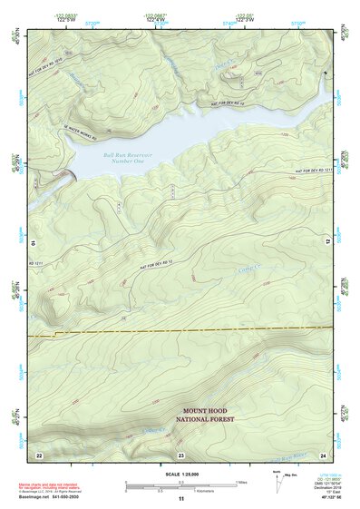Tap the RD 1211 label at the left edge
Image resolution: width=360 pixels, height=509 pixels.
37,262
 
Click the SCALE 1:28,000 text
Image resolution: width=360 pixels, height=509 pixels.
180,472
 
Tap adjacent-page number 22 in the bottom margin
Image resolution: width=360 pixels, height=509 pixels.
39,453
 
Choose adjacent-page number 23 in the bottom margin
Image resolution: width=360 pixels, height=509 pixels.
180,453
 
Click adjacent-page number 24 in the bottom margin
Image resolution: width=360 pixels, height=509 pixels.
322,453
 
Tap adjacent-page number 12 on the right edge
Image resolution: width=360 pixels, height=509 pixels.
327,242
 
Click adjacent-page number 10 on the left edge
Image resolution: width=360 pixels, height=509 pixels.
33,242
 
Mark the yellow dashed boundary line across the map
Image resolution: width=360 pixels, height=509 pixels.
181,329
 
